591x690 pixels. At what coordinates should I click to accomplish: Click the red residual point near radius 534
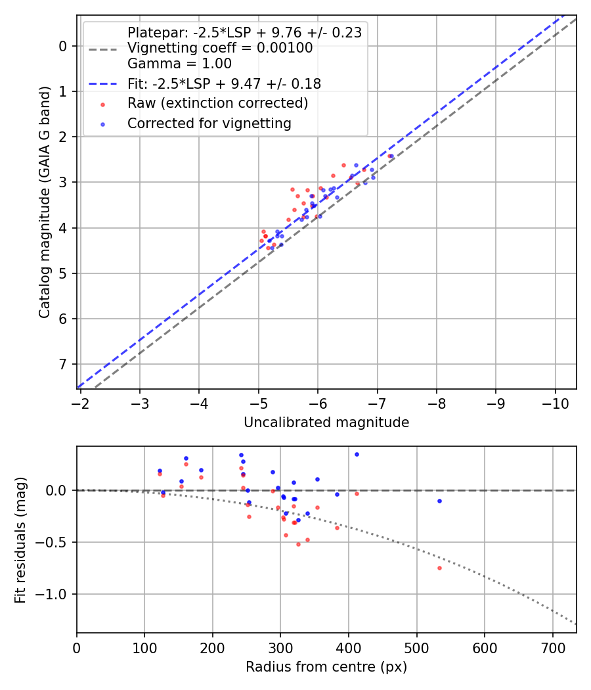pyautogui.click(x=439, y=568)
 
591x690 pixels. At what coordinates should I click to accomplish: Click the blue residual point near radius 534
pyautogui.click(x=439, y=501)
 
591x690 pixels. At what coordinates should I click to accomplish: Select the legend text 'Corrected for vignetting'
pyautogui.click(x=209, y=123)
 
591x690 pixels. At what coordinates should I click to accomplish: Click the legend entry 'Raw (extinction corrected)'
pyautogui.click(x=217, y=103)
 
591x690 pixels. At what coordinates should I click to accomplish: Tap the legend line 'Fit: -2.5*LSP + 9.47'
pyautogui.click(x=223, y=83)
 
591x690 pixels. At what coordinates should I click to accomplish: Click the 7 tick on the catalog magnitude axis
pyautogui.click(x=63, y=364)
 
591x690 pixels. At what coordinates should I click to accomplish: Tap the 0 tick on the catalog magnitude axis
pyautogui.click(x=63, y=46)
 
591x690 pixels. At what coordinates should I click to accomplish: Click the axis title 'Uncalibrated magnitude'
pyautogui.click(x=326, y=423)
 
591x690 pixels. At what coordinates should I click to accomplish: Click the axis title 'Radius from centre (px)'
pyautogui.click(x=326, y=667)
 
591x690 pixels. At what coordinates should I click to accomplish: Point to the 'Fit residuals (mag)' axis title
pyautogui.click(x=20, y=540)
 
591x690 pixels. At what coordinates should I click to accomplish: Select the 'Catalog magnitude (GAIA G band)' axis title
pyautogui.click(x=44, y=202)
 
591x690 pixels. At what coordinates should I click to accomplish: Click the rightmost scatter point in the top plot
pyautogui.click(x=391, y=156)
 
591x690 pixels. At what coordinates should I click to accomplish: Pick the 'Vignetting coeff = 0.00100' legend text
pyautogui.click(x=220, y=48)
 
